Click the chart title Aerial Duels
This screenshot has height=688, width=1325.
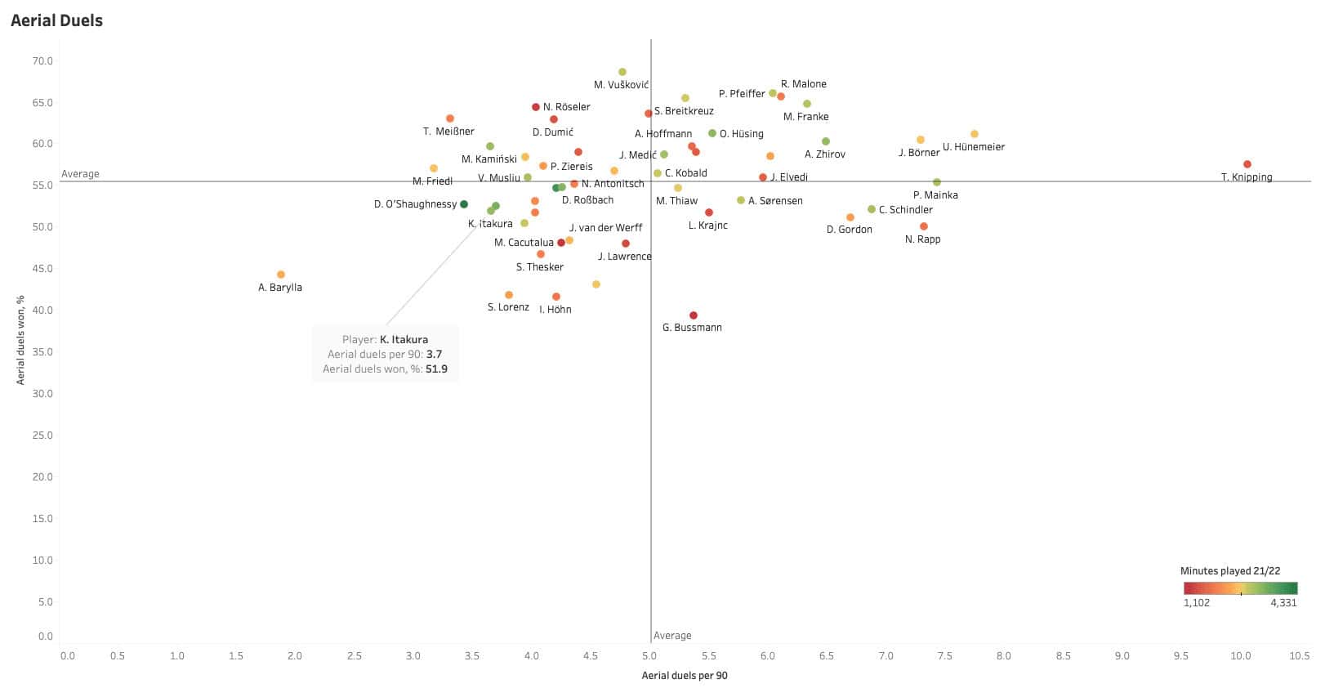click(x=57, y=20)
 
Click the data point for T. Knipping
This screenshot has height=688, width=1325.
click(x=1247, y=164)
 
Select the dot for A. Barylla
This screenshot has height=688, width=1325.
click(x=281, y=275)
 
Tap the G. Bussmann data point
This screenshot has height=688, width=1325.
click(x=694, y=315)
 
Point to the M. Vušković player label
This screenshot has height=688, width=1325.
click(x=622, y=85)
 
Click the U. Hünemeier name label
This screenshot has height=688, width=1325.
click(x=974, y=147)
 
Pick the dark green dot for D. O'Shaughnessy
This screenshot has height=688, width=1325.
click(x=464, y=204)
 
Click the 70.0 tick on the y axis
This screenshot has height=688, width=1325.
click(x=42, y=61)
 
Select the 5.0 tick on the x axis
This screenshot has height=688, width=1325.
click(x=649, y=656)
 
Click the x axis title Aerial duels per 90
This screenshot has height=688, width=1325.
click(x=685, y=676)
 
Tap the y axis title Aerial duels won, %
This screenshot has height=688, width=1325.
click(x=21, y=340)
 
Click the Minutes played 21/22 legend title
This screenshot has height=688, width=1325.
click(x=1229, y=571)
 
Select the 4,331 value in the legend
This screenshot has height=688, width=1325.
click(x=1283, y=603)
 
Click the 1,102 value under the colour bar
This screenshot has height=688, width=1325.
click(x=1197, y=603)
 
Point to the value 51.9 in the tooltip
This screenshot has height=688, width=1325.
click(x=436, y=369)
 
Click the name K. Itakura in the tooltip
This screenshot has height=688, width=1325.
click(x=404, y=340)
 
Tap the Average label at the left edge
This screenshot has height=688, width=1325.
click(x=80, y=174)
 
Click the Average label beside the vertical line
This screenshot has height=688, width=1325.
click(x=672, y=636)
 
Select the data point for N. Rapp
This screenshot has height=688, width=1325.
click(x=924, y=226)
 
